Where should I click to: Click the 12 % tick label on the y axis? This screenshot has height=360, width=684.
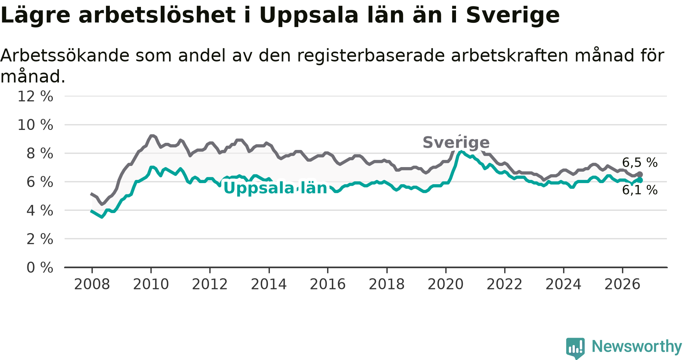pyautogui.click(x=35, y=96)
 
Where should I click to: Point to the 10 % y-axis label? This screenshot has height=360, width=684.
pyautogui.click(x=35, y=125)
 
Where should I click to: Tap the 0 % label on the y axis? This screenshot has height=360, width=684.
pyautogui.click(x=40, y=267)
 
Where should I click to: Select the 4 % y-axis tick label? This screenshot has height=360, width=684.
pyautogui.click(x=40, y=210)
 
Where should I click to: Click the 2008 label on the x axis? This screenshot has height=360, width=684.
pyautogui.click(x=92, y=284)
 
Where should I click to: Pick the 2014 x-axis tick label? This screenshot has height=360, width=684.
pyautogui.click(x=269, y=284)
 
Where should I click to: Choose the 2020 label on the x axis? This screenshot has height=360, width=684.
pyautogui.click(x=446, y=284)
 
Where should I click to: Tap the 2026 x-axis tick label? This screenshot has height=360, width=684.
pyautogui.click(x=622, y=284)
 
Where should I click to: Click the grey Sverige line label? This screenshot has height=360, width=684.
pyautogui.click(x=456, y=142)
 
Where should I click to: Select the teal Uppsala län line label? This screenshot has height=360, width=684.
pyautogui.click(x=275, y=188)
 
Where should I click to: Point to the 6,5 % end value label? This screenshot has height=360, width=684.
pyautogui.click(x=640, y=163)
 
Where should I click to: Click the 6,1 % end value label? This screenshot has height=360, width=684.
pyautogui.click(x=640, y=190)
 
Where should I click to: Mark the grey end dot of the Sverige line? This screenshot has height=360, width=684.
pyautogui.click(x=640, y=174)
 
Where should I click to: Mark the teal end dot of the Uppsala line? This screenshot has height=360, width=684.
pyautogui.click(x=640, y=180)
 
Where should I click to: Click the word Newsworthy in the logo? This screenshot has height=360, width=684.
pyautogui.click(x=637, y=346)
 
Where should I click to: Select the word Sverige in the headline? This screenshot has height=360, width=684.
pyautogui.click(x=513, y=16)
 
